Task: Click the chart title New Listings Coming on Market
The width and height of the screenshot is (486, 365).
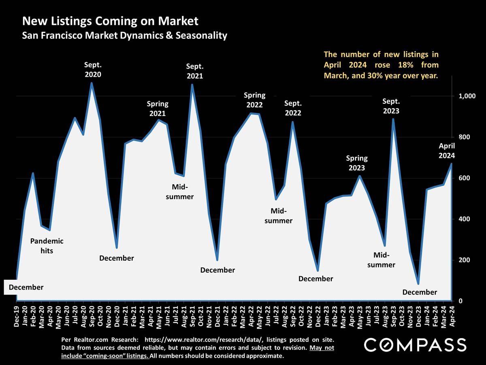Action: point(110,21)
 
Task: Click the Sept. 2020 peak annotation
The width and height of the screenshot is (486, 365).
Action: point(93,69)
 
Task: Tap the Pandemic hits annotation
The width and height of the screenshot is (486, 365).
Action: point(47,246)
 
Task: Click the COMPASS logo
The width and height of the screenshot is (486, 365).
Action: point(415,345)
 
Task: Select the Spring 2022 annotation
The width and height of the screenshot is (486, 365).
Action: point(254,100)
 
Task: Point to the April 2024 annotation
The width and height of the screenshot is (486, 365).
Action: point(447,150)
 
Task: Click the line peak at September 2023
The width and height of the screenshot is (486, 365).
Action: point(393,119)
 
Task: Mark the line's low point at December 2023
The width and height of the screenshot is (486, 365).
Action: point(418,283)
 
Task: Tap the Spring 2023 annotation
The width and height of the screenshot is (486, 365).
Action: point(357,163)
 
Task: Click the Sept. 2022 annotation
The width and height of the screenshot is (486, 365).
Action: point(293,108)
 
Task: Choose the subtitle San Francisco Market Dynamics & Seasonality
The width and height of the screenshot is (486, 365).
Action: point(124,36)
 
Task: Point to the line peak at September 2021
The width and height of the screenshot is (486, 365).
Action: point(192,85)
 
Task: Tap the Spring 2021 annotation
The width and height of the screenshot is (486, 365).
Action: point(158,109)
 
